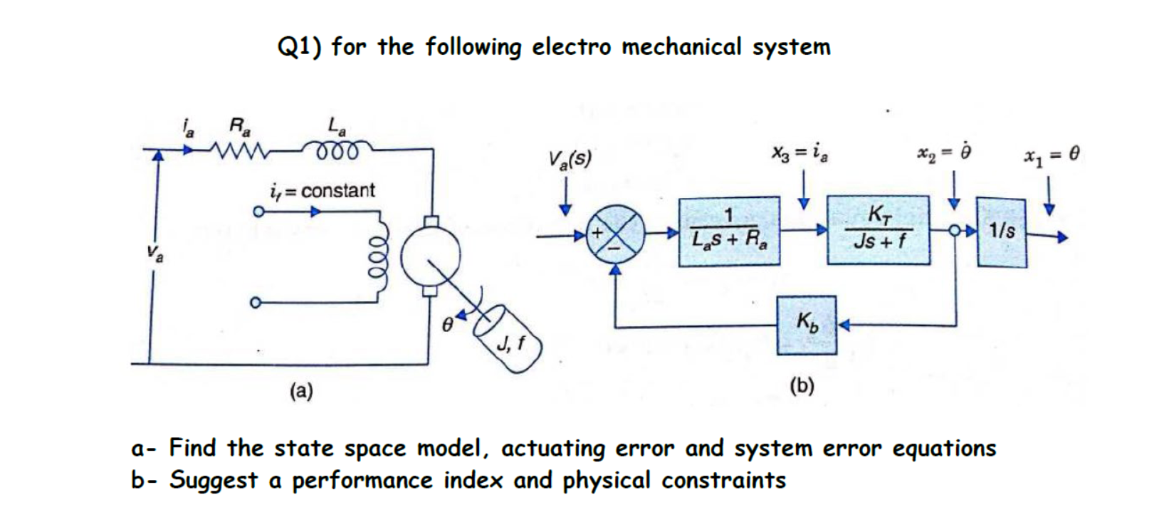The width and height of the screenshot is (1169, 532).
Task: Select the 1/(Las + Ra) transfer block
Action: click(728, 232)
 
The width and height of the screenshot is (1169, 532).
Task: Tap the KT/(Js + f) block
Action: click(879, 230)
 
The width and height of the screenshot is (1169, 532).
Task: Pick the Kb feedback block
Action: click(807, 325)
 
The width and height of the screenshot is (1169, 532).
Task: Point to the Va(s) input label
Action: click(570, 159)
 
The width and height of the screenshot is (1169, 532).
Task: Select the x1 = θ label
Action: click(1053, 154)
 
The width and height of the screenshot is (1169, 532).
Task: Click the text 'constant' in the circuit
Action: click(338, 191)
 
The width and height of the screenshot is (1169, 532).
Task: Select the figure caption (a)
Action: click(300, 390)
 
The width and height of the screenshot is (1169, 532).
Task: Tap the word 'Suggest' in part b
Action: click(213, 481)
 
